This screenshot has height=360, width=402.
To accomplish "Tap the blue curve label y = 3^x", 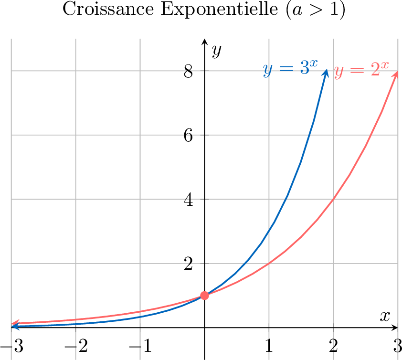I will [x=290, y=70].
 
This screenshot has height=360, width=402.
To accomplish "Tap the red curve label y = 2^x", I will [x=361, y=71].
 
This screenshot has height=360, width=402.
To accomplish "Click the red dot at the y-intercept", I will [x=204, y=296].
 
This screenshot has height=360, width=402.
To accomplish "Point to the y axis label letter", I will [x=217, y=50].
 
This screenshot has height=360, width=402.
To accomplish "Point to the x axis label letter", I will [x=385, y=316].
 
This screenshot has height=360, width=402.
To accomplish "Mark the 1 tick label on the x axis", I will [x=269, y=345].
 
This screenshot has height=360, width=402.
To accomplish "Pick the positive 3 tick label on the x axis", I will [x=397, y=345].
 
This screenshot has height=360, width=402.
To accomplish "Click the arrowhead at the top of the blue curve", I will [x=326, y=73].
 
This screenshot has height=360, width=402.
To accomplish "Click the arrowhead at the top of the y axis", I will [x=204, y=41].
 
